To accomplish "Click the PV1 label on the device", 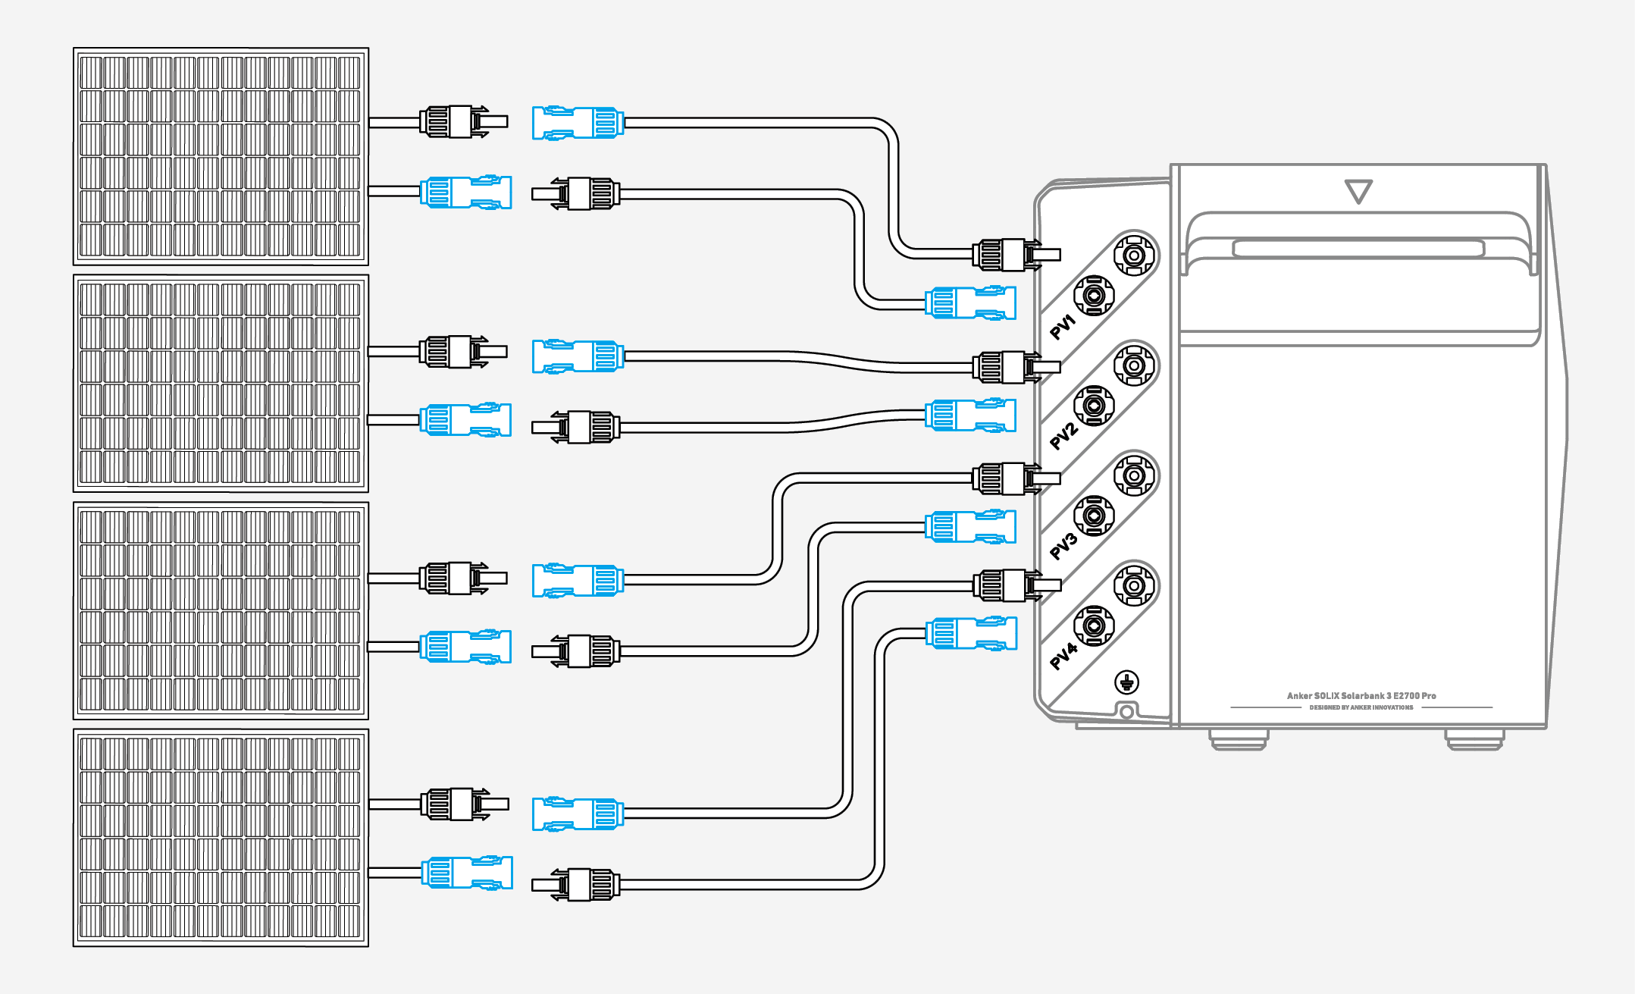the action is (1063, 327).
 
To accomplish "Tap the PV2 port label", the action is (1063, 436).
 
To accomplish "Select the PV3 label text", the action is (1063, 546).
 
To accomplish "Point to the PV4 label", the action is (1063, 656).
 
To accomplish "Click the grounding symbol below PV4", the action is (1127, 682).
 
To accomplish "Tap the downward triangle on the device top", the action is (1358, 191).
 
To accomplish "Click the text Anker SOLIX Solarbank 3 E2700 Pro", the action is (1361, 695).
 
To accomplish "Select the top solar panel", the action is (221, 156).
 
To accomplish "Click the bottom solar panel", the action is (221, 838).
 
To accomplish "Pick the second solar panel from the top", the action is (221, 384).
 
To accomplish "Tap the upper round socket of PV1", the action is (1133, 255).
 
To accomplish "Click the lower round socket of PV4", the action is (1093, 626).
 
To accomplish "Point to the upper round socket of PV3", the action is (1133, 475).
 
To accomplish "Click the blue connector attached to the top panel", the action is (466, 192).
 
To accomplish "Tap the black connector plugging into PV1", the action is (1016, 255).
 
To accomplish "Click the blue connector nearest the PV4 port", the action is (971, 633).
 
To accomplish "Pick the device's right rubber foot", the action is (1474, 739).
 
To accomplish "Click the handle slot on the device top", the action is (1358, 249).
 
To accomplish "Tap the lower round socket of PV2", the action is (1093, 406).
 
